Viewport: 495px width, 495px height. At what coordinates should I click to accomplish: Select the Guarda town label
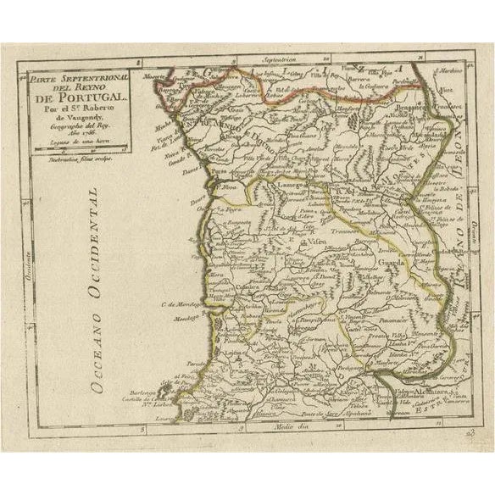coord(370,263)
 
